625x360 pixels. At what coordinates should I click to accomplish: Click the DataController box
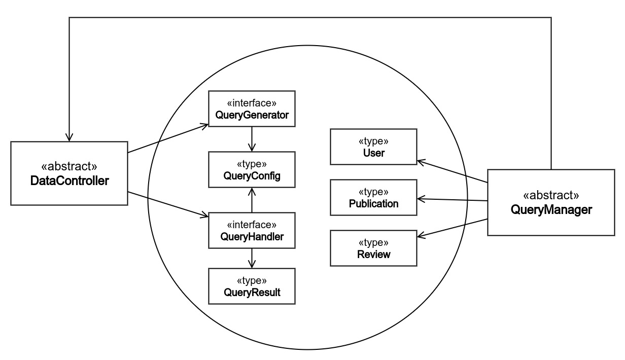point(69,173)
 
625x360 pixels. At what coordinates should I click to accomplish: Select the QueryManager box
point(551,203)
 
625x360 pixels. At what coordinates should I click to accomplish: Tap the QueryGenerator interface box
point(252,109)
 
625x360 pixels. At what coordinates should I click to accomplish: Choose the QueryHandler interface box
point(252,231)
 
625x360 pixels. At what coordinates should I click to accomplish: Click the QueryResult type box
point(252,286)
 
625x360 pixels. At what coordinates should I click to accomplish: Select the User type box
point(373,147)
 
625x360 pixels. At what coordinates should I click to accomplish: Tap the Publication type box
point(373,198)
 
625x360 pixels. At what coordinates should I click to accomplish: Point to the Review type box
point(373,248)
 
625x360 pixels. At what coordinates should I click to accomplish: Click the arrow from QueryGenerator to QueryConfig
point(252,139)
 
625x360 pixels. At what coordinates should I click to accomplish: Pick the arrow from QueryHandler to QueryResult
point(252,259)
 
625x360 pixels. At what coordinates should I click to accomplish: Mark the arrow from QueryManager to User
point(452,172)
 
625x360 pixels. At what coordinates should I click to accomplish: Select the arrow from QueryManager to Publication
point(452,200)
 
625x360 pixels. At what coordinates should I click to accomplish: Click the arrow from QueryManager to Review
point(452,228)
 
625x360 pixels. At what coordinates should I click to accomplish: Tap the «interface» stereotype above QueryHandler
point(252,225)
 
